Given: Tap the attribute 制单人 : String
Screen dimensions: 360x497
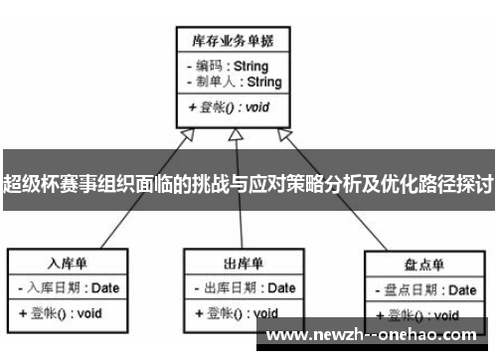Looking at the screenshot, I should tap(233, 82).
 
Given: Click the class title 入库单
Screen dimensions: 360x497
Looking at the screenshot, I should tap(69, 263).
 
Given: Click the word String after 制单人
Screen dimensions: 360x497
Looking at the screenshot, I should tap(262, 82).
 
